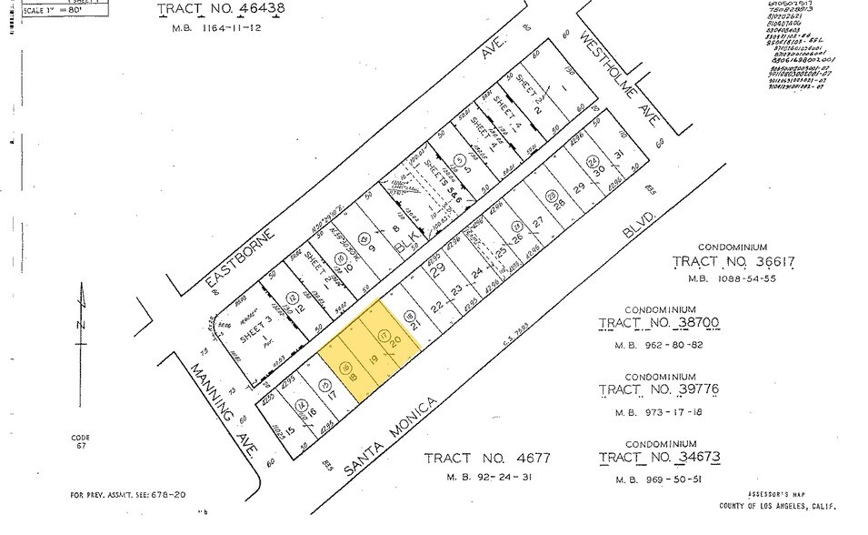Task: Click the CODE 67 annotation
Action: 81,442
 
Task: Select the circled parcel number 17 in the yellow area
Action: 384,337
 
